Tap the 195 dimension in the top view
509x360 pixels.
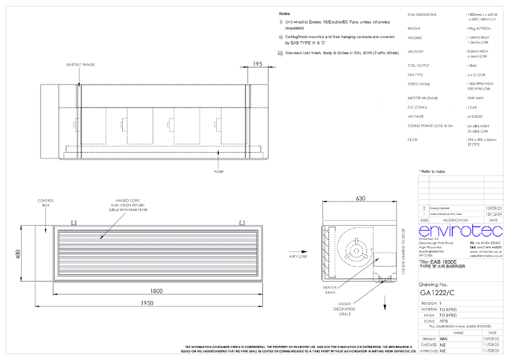[257, 64]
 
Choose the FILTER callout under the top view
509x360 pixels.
[219, 171]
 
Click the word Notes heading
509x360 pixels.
[285, 13]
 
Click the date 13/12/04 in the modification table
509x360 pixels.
[493, 214]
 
